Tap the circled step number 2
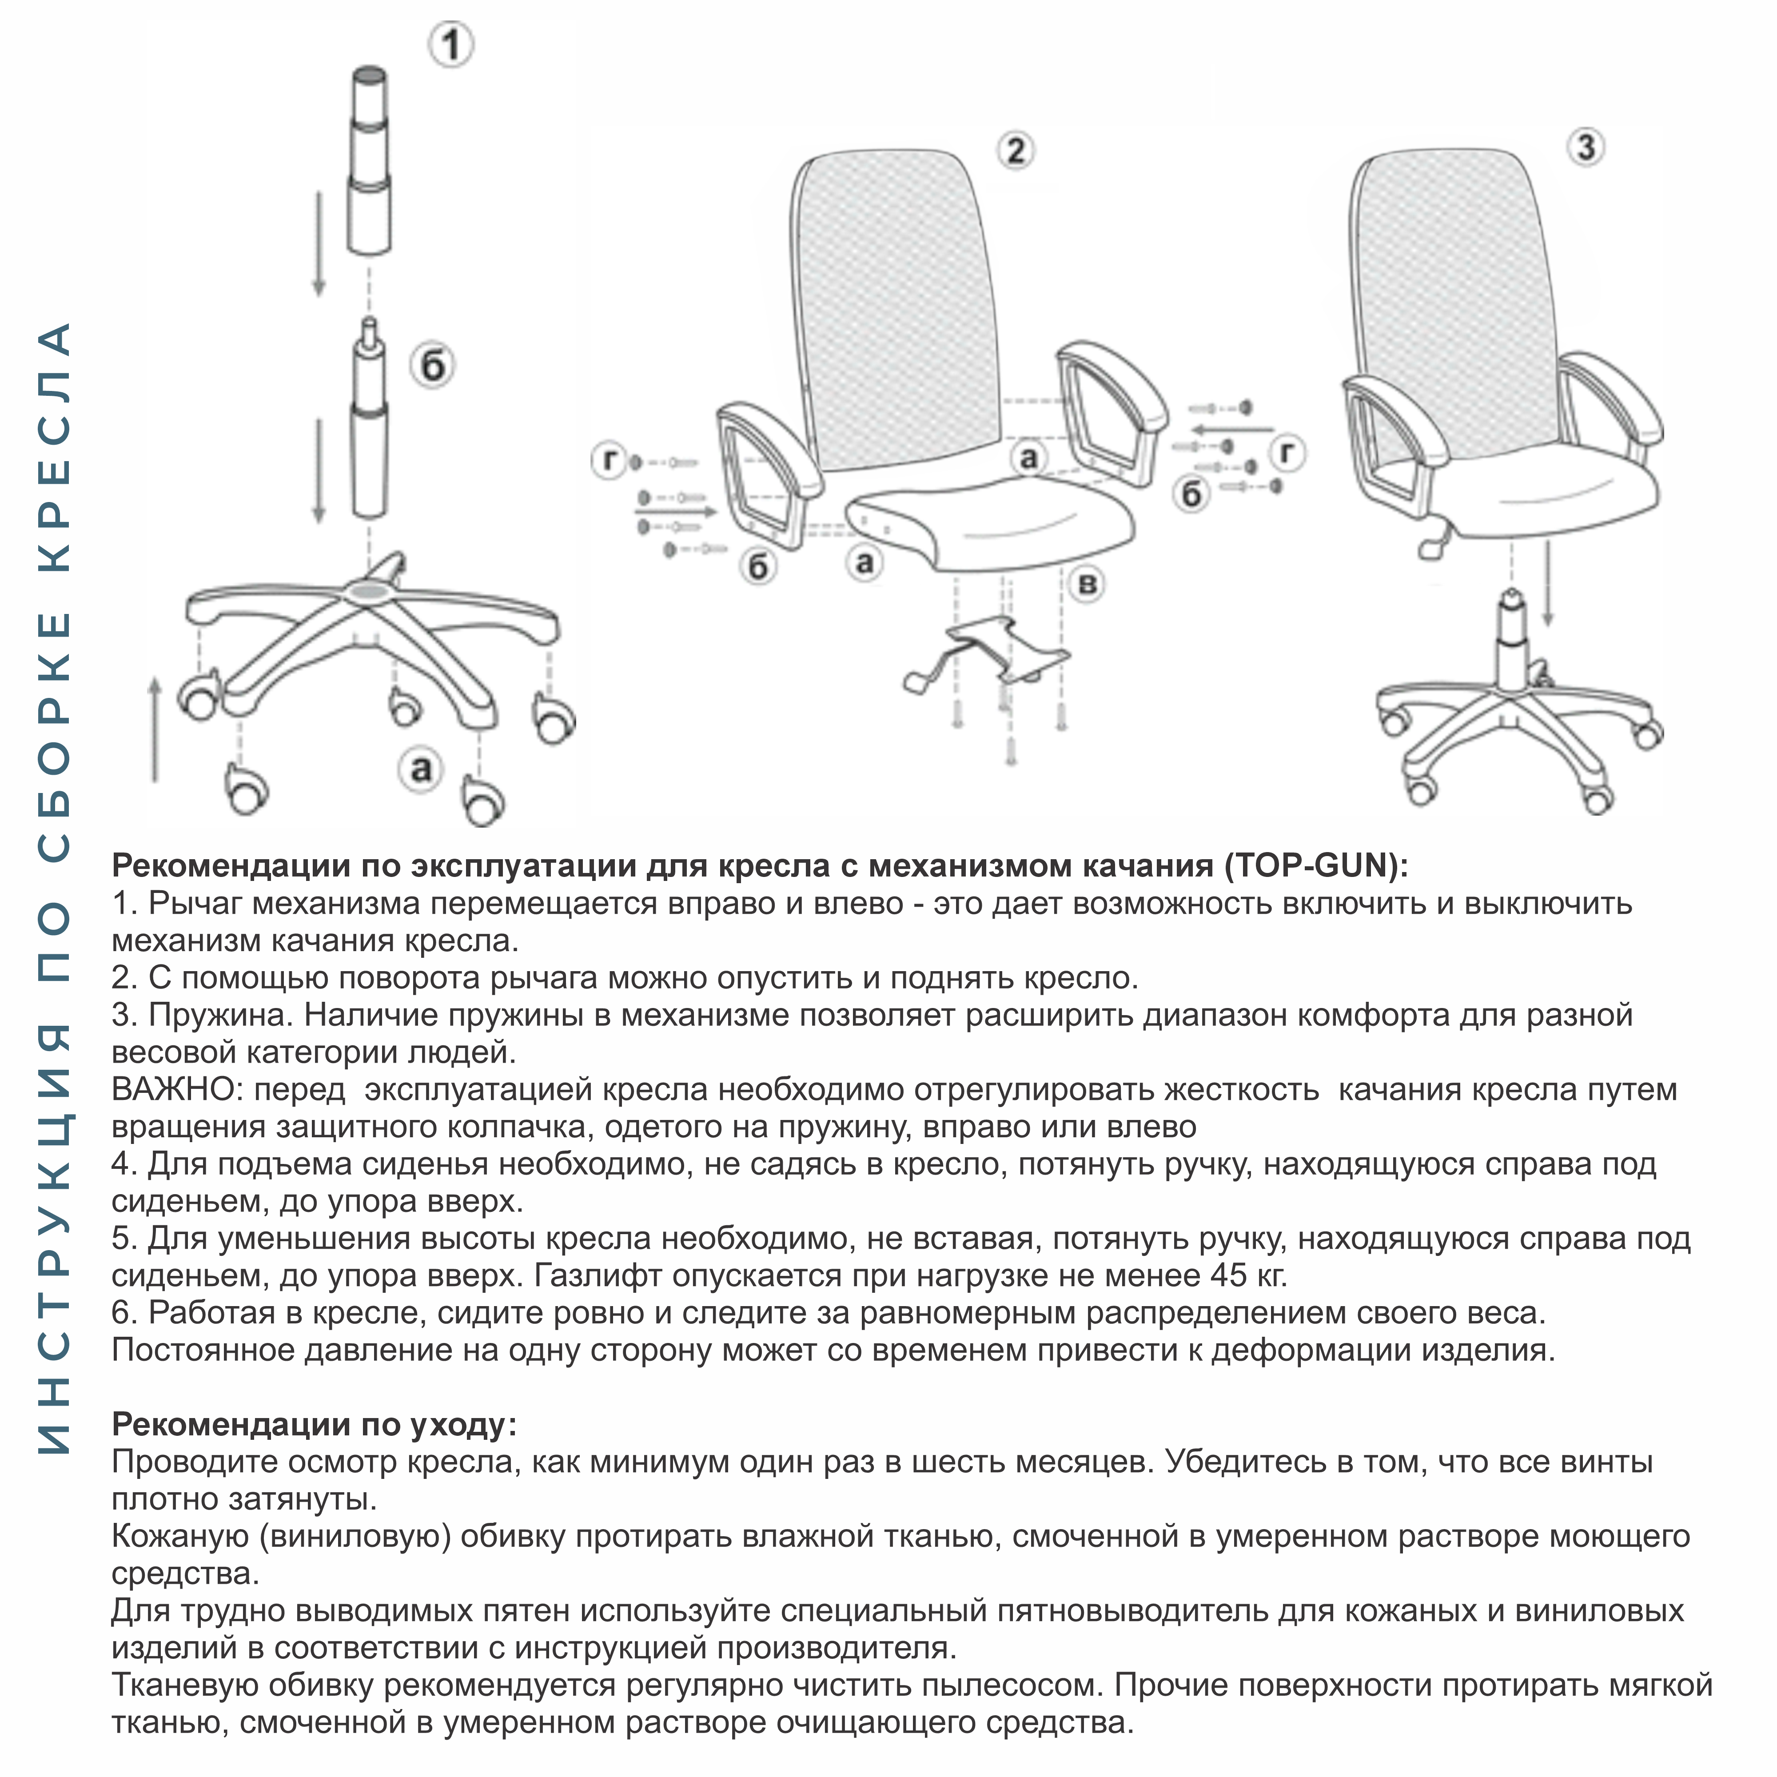[x=1016, y=150]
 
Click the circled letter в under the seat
[x=1087, y=584]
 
